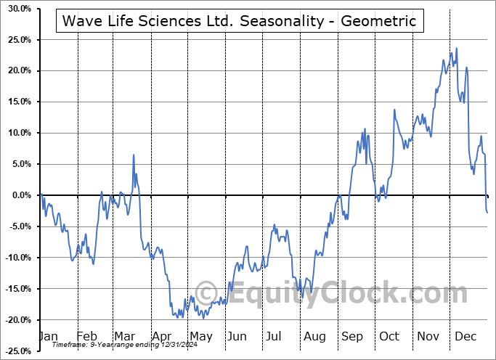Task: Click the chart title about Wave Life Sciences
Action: click(240, 21)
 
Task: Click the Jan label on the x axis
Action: click(47, 336)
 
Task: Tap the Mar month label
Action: click(124, 336)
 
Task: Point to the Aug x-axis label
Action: click(314, 336)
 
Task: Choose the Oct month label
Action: click(389, 336)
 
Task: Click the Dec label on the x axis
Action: click(465, 336)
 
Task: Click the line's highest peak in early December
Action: click(457, 49)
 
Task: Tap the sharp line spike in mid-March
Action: click(134, 155)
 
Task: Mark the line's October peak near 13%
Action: click(394, 110)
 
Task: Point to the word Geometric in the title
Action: click(382, 21)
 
